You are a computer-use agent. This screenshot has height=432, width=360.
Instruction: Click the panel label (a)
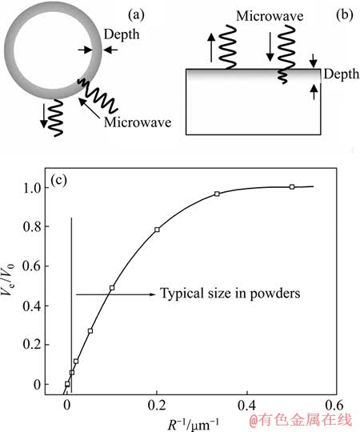click(x=136, y=15)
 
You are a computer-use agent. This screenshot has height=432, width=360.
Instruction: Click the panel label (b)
click(x=344, y=15)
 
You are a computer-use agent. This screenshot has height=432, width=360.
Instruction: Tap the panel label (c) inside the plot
click(x=58, y=180)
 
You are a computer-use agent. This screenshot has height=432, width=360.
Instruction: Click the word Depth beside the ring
click(x=122, y=34)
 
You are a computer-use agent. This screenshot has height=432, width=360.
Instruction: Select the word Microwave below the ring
click(x=138, y=122)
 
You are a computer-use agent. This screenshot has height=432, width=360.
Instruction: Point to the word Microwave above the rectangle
click(x=270, y=16)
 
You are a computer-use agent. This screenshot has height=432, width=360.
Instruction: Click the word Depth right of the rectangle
click(x=342, y=74)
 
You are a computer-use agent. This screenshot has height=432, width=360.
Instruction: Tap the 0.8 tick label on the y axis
click(x=32, y=226)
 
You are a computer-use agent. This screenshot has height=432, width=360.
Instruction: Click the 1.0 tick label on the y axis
click(x=32, y=188)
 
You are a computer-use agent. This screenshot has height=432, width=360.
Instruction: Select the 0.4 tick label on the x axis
click(x=247, y=406)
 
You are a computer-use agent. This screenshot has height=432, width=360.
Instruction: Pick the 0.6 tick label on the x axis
click(x=334, y=406)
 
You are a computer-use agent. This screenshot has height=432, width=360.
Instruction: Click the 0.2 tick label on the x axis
click(x=157, y=406)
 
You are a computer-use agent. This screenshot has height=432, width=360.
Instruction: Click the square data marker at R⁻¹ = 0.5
click(x=292, y=186)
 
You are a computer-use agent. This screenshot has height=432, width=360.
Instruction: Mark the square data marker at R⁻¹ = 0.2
click(x=157, y=230)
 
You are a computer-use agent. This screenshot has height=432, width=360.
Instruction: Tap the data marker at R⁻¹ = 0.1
click(x=112, y=288)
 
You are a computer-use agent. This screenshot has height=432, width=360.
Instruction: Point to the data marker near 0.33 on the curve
click(x=217, y=194)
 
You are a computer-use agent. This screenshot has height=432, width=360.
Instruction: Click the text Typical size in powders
click(x=230, y=294)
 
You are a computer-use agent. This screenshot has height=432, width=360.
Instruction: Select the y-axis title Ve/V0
click(x=9, y=279)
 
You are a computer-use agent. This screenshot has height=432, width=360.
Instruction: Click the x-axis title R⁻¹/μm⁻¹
click(x=194, y=425)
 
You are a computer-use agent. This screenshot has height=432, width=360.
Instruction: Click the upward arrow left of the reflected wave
click(x=211, y=47)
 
